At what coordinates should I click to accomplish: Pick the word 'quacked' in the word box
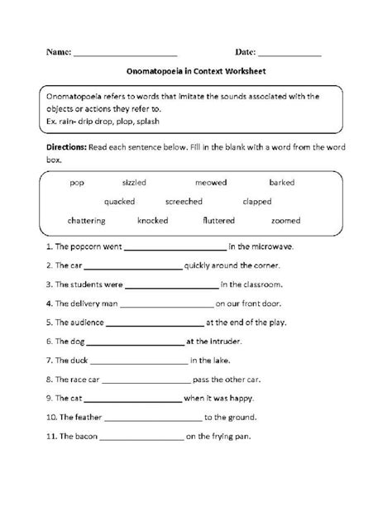tap(122, 201)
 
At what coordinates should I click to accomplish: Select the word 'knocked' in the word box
tap(153, 221)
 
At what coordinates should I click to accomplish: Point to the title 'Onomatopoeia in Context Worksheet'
tap(196, 72)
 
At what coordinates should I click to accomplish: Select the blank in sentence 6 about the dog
tap(134, 341)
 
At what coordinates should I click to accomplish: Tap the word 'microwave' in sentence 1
tap(271, 246)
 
